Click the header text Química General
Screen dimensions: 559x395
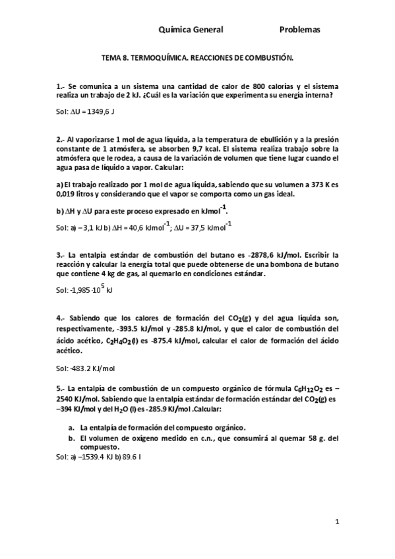(191, 30)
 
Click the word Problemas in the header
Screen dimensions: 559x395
(299, 30)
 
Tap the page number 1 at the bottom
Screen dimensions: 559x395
(336, 522)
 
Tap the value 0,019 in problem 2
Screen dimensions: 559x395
(66, 194)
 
